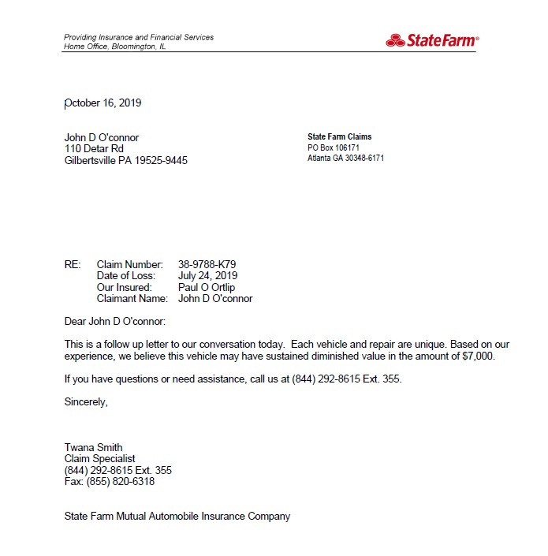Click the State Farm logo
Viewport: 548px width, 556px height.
coord(432,40)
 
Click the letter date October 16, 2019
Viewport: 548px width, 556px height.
coord(103,103)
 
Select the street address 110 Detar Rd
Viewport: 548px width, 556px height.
coord(94,148)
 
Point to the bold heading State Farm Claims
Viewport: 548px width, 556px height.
coord(339,137)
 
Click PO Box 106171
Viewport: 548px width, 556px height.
coord(334,147)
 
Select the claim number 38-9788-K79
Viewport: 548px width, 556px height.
coord(207,264)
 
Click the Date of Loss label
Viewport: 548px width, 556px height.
coord(126,276)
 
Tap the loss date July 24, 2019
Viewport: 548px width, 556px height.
coord(207,276)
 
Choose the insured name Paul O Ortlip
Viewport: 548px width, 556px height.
coord(207,287)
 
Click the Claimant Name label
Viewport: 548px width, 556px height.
coord(132,299)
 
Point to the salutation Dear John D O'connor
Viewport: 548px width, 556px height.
coord(115,321)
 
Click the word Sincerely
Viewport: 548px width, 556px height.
coord(86,401)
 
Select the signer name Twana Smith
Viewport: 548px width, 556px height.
coord(93,447)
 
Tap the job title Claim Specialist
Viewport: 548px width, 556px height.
coord(99,458)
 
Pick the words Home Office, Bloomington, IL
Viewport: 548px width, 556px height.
coord(114,47)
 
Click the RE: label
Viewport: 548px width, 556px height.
coord(72,264)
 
